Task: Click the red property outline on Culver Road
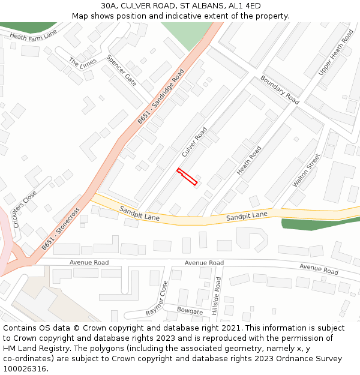187,176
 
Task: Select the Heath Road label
249,160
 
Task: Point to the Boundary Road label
280,90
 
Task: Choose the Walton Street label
307,170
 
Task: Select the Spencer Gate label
121,70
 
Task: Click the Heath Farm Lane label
33,35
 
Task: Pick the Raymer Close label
157,298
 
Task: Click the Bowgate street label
190,310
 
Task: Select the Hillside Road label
217,295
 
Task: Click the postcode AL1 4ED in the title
245,5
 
